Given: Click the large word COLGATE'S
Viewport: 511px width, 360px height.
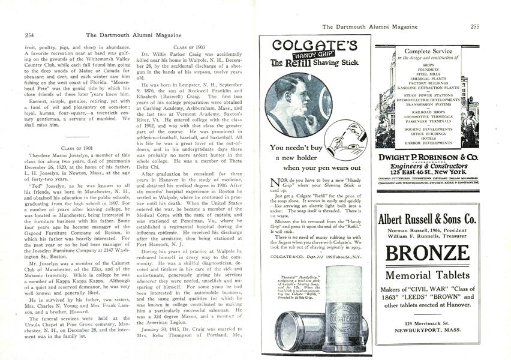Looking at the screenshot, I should click(314, 46).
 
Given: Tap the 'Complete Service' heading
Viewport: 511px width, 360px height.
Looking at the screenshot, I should click(428, 51).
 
